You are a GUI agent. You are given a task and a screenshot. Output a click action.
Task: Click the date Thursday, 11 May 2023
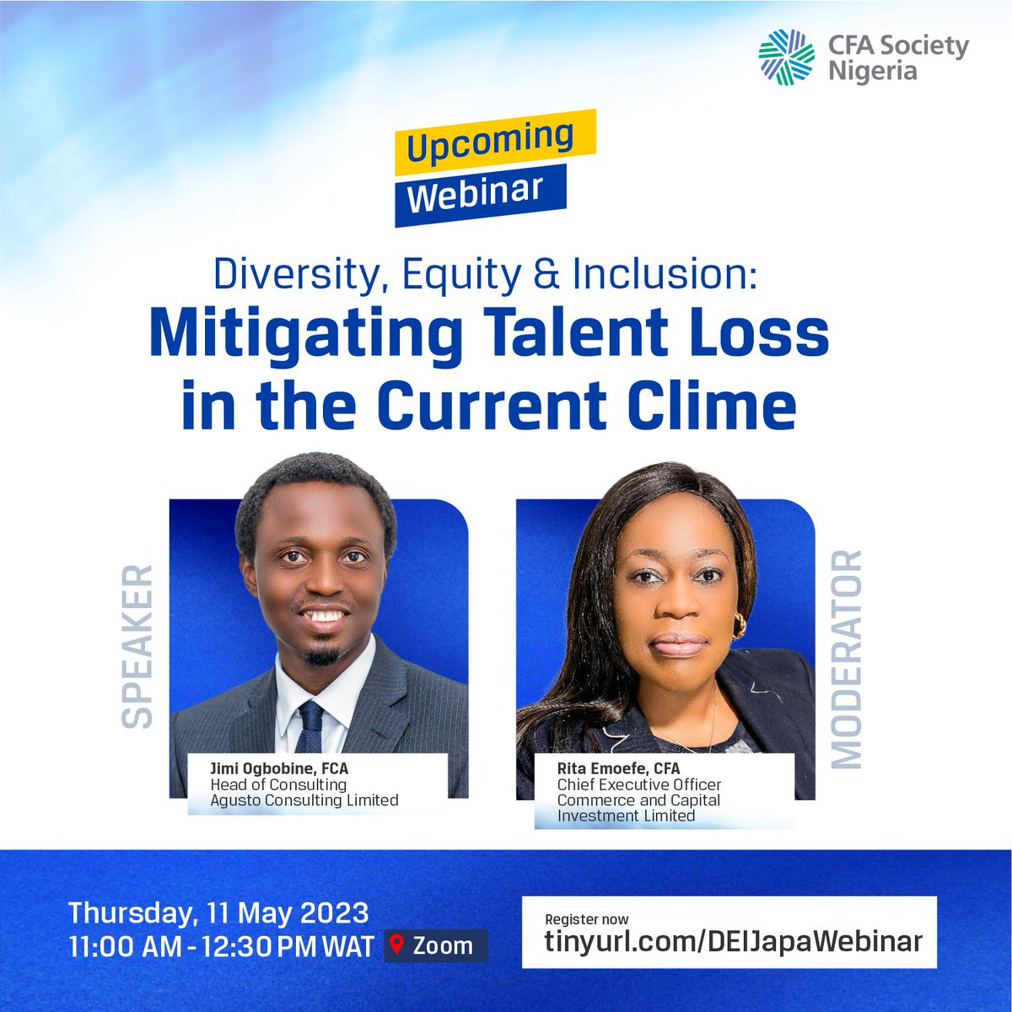218,913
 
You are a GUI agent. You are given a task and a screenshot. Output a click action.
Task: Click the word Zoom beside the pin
442,945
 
